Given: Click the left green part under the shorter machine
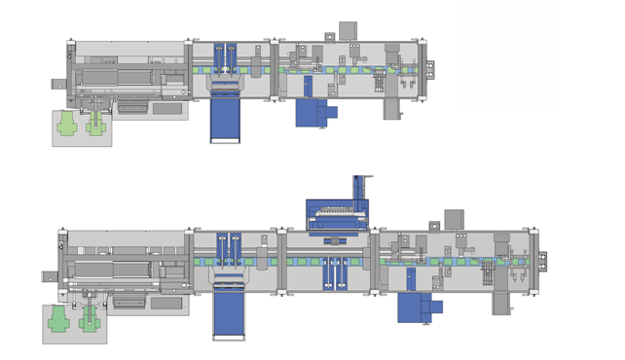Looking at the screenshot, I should (66, 124).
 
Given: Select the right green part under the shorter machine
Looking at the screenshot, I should (96, 124).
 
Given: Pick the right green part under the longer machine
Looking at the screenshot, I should (91, 320).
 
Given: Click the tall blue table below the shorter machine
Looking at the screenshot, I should (226, 120).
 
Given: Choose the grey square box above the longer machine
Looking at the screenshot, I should (454, 219).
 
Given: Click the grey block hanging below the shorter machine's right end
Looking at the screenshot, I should (392, 110).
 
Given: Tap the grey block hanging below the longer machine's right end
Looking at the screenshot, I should (500, 305).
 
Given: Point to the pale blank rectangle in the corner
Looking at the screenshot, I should (509, 54).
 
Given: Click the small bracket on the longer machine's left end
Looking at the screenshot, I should (48, 276).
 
